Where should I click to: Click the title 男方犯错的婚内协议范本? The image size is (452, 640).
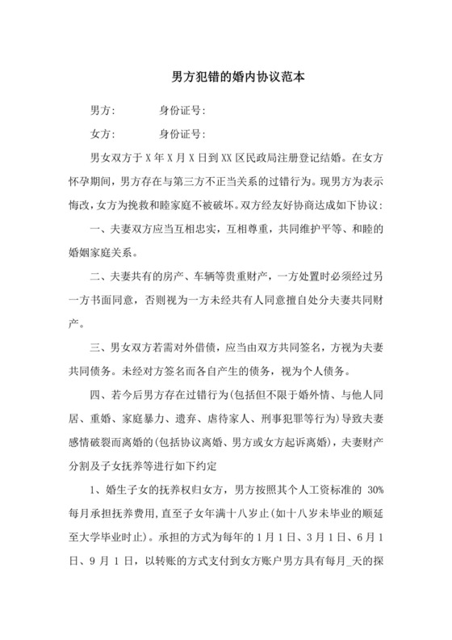227,78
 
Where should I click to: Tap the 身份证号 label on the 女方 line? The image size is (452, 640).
184,133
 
